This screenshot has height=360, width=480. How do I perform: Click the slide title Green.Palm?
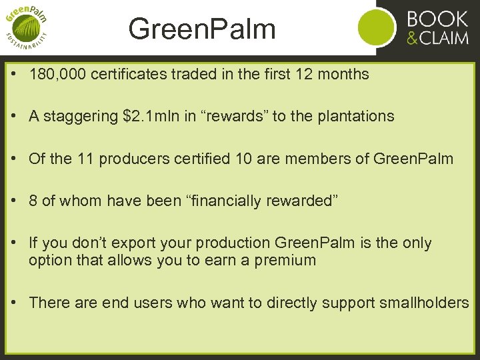[x=201, y=29]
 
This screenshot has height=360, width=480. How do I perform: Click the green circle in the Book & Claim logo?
[x=377, y=27]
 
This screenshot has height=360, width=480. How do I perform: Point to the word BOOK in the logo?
[x=437, y=17]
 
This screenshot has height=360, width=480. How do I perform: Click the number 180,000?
[x=51, y=74]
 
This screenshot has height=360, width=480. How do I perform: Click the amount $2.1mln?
[x=155, y=117]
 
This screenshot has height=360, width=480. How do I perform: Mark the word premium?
[x=285, y=261]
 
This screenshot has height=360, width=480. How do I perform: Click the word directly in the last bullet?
[x=294, y=303]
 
